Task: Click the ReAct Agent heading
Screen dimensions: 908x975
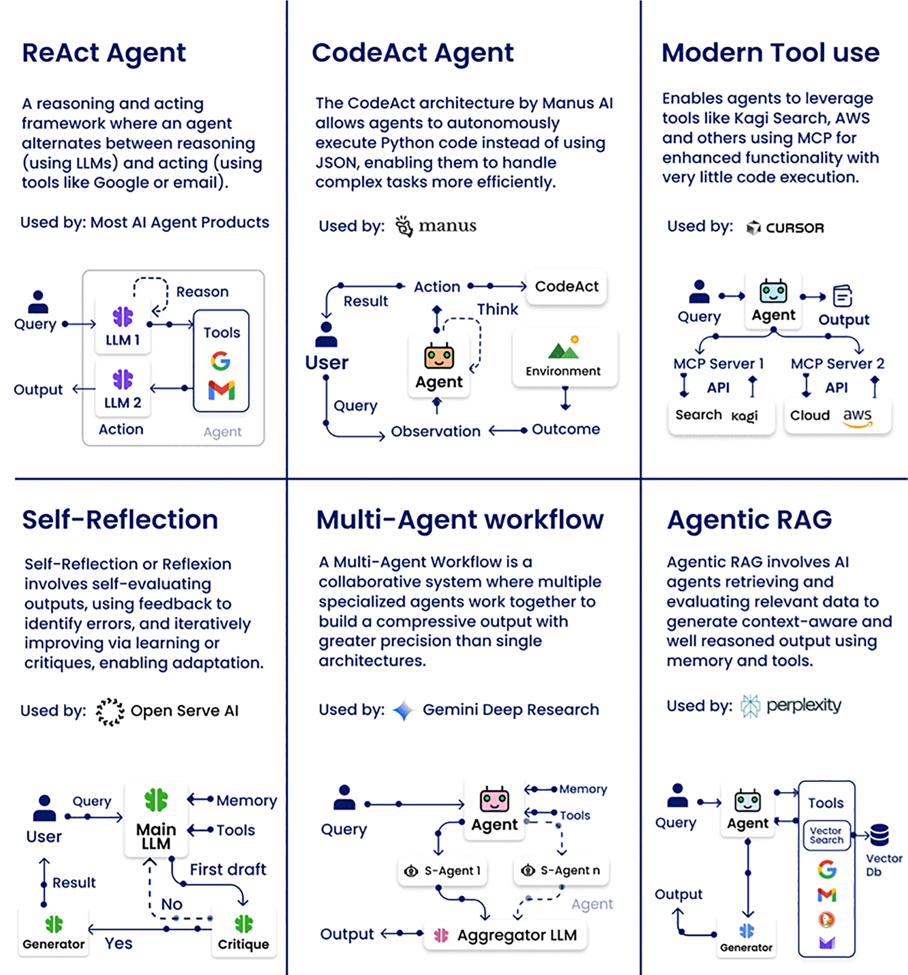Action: point(104,54)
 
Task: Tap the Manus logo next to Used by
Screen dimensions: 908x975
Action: point(435,226)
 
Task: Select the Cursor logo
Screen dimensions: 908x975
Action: point(785,228)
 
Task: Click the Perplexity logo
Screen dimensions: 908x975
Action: point(791,706)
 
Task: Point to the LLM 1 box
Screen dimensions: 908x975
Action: point(123,325)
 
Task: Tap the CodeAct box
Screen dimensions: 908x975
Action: point(566,286)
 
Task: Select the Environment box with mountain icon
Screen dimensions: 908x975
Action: point(565,358)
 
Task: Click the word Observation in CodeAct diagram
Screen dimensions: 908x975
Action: point(435,432)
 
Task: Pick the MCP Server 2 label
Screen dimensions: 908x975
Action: point(837,364)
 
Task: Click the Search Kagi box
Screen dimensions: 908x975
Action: point(721,416)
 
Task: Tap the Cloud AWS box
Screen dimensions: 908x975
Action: point(837,416)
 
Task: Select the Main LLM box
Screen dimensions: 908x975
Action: point(156,819)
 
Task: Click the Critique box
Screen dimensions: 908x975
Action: point(244,932)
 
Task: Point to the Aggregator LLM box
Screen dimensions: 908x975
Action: point(505,935)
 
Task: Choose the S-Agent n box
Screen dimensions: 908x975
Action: point(561,871)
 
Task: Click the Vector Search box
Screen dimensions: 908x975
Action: point(827,835)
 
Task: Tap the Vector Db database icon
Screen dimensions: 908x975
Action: point(879,835)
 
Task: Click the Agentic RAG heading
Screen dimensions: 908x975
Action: point(749,520)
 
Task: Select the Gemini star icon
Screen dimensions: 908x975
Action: point(404,710)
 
